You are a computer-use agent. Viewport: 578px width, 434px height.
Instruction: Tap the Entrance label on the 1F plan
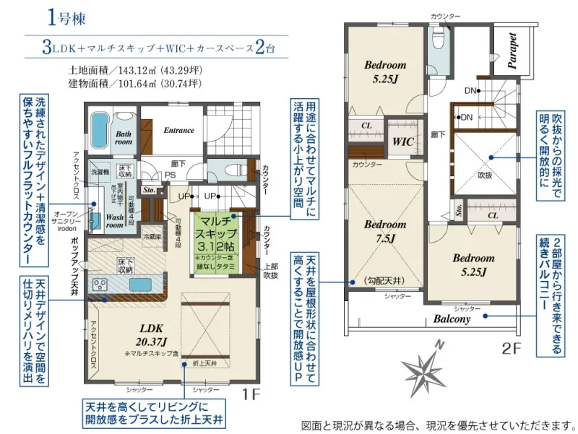pyautogui.click(x=178, y=131)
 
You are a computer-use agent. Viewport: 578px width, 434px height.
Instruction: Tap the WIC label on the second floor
pyautogui.click(x=403, y=142)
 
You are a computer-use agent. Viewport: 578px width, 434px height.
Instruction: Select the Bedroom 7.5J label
pyautogui.click(x=384, y=230)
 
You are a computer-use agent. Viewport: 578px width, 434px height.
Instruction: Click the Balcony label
pyautogui.click(x=452, y=318)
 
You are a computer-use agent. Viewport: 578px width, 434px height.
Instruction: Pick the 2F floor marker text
pyautogui.click(x=512, y=350)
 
